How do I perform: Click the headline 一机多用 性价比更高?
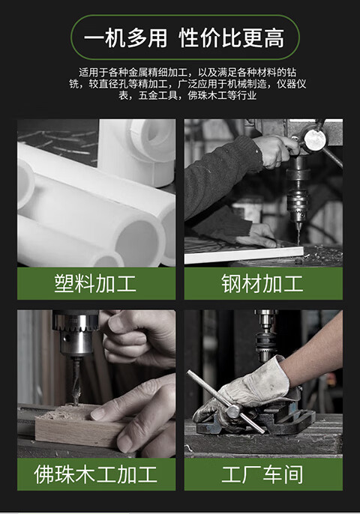(x=184, y=37)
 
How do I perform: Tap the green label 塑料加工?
(x=96, y=283)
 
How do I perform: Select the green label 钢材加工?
(x=262, y=283)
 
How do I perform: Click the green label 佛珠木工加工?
(x=96, y=474)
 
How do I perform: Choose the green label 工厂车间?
(x=262, y=474)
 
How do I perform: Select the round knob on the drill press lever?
(x=314, y=139)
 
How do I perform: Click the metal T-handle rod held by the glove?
(x=226, y=402)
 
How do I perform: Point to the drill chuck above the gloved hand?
(x=265, y=341)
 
